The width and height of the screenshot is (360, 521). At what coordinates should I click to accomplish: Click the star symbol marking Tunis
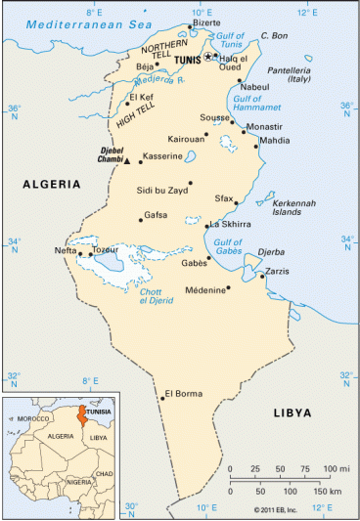point(206,58)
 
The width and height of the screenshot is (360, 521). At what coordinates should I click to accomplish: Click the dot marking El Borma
point(161,397)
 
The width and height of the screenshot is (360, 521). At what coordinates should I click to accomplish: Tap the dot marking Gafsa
point(142,220)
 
